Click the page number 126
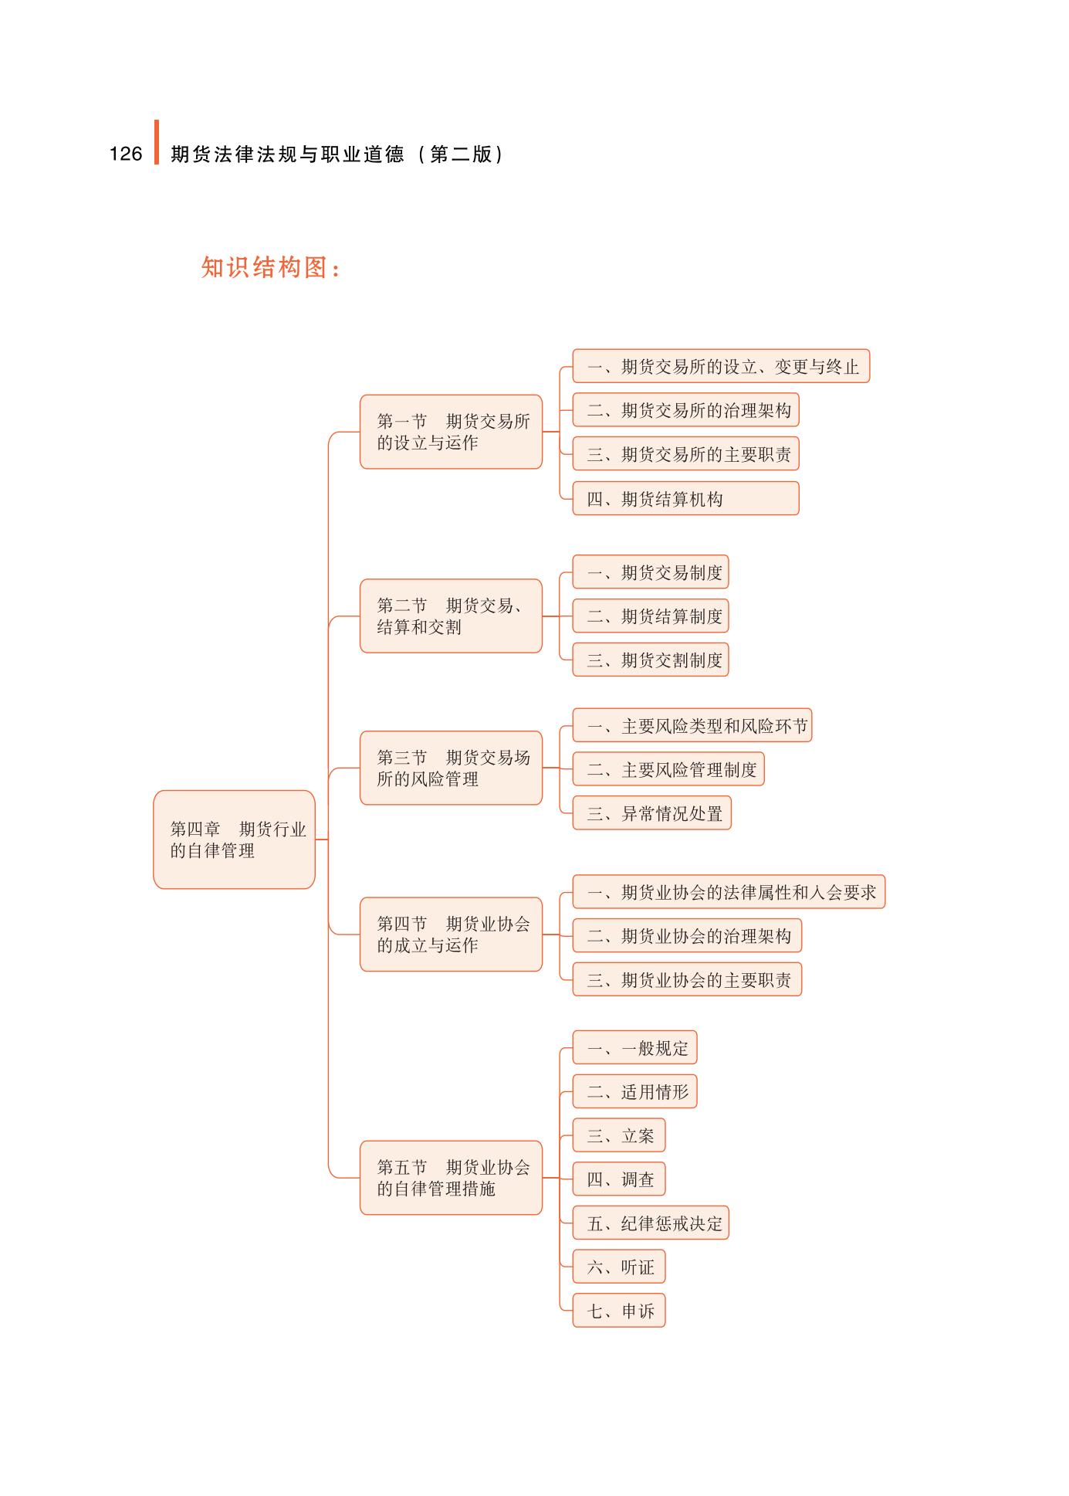pos(126,154)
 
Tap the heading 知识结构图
pos(270,267)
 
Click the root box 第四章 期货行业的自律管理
pos(234,840)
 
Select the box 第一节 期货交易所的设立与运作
pos(451,432)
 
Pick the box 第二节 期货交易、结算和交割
pos(451,616)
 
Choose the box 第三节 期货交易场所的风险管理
pos(451,768)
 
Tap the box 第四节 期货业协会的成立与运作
pos(451,935)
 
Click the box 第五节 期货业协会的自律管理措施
pos(451,1178)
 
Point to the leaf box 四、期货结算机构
pos(685,499)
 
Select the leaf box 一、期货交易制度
pos(650,572)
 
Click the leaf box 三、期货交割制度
pos(650,660)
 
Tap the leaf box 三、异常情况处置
pos(651,813)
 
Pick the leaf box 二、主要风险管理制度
pos(668,769)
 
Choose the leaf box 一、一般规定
pos(634,1048)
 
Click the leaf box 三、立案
pos(618,1135)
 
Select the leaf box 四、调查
pos(618,1179)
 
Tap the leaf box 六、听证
pos(618,1267)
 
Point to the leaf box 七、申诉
pos(618,1311)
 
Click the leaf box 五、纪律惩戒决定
pos(650,1223)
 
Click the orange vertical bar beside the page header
pos(157,142)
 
